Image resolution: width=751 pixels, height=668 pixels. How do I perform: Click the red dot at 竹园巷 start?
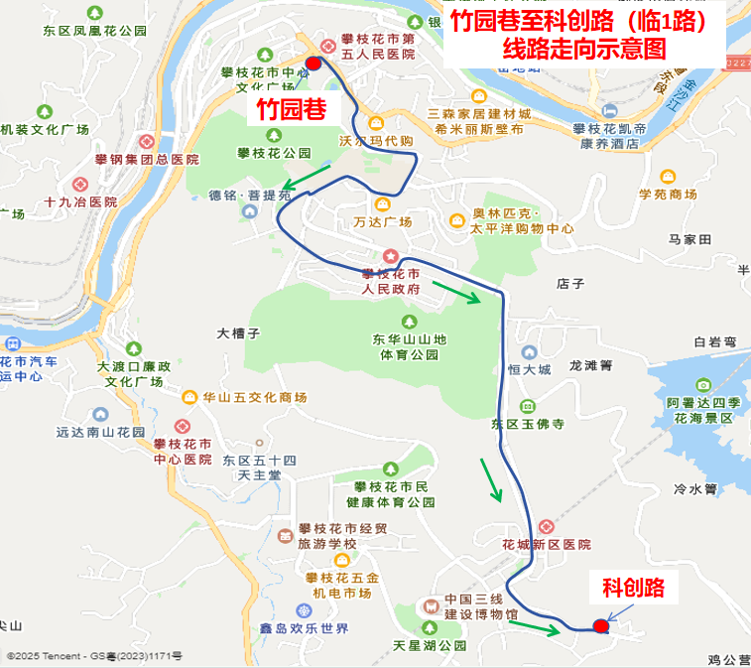click(x=313, y=63)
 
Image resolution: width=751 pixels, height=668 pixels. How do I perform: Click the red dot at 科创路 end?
click(x=600, y=625)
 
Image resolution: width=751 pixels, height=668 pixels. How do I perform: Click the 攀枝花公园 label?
click(x=274, y=153)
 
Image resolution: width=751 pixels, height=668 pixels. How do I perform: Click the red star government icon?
click(x=391, y=256)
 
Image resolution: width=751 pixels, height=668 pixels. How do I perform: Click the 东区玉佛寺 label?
click(x=527, y=424)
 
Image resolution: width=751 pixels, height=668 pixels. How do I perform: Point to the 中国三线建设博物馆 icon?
click(x=431, y=604)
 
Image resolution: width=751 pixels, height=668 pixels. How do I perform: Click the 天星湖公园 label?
click(x=430, y=646)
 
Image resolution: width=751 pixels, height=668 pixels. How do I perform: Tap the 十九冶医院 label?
click(x=80, y=201)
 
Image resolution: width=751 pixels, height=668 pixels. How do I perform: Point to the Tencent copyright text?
click(x=94, y=656)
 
